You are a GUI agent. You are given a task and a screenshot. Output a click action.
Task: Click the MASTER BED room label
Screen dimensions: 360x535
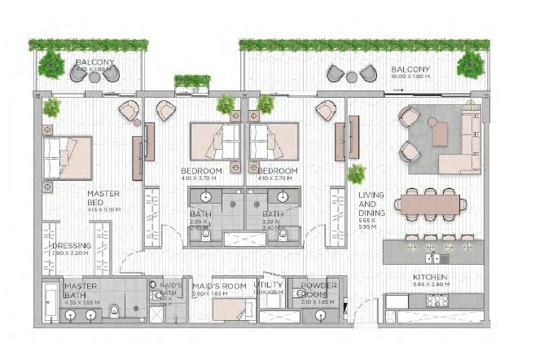103,198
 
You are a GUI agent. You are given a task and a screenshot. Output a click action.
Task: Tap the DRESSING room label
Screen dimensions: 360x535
72,246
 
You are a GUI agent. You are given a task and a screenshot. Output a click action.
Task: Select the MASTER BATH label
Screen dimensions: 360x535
81,291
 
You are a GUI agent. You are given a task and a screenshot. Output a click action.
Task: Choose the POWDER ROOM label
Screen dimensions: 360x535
318,291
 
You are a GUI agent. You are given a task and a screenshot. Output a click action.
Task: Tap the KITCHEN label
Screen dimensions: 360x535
428,278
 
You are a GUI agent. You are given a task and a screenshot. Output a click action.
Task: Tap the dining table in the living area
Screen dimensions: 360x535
428,202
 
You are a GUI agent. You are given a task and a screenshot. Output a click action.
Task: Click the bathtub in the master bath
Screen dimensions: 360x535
51,303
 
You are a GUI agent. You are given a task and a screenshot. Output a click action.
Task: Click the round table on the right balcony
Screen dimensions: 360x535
351,77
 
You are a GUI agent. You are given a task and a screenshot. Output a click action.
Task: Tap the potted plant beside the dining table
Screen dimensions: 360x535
356,173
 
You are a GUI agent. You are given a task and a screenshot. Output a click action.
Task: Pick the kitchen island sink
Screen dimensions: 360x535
440,258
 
